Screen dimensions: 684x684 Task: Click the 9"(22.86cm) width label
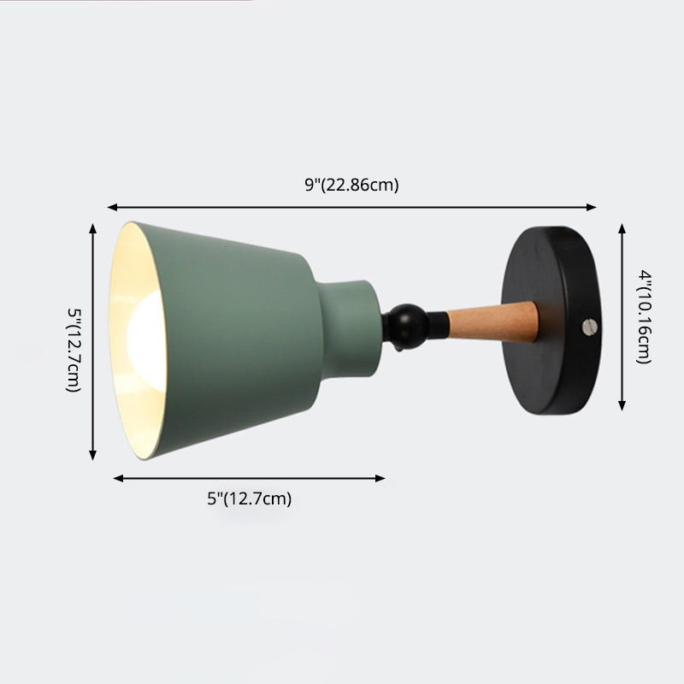[351, 185]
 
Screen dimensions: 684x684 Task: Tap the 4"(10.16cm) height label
[647, 317]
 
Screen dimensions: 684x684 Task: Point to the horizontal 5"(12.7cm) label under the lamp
[250, 499]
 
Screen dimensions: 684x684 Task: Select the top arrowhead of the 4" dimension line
[622, 228]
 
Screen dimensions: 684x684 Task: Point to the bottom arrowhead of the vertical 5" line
[93, 456]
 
